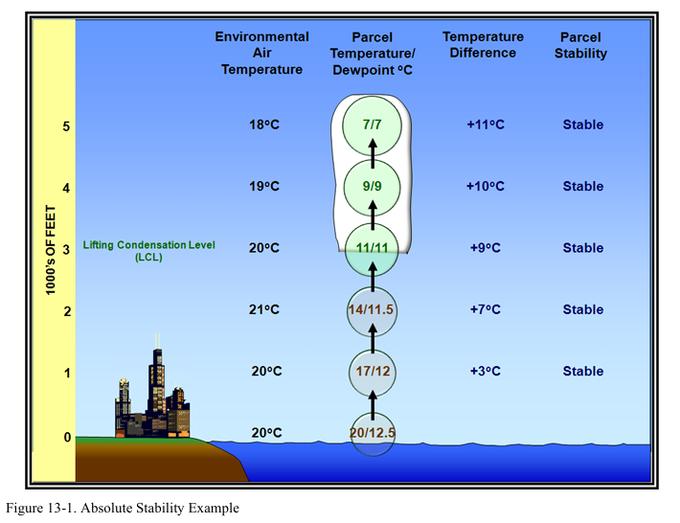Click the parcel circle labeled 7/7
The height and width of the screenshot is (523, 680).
372,125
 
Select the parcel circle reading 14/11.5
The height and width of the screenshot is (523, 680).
372,309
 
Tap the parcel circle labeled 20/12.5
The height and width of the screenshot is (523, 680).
372,432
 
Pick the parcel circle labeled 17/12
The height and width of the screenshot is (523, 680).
372,371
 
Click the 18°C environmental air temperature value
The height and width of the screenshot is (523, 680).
262,125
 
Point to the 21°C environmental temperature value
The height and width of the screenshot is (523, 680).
262,309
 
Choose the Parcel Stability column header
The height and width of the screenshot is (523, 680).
582,45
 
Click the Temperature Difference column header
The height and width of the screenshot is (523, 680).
483,45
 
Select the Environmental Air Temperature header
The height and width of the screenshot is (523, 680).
261,53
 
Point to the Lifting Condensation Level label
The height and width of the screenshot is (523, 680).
148,250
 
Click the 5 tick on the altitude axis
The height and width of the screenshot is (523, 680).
66,125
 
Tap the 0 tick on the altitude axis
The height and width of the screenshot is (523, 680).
66,438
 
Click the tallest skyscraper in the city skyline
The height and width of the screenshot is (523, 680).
156,383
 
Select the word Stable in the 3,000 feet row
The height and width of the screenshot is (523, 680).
582,248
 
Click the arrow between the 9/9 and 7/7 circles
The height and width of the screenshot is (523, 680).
372,154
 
